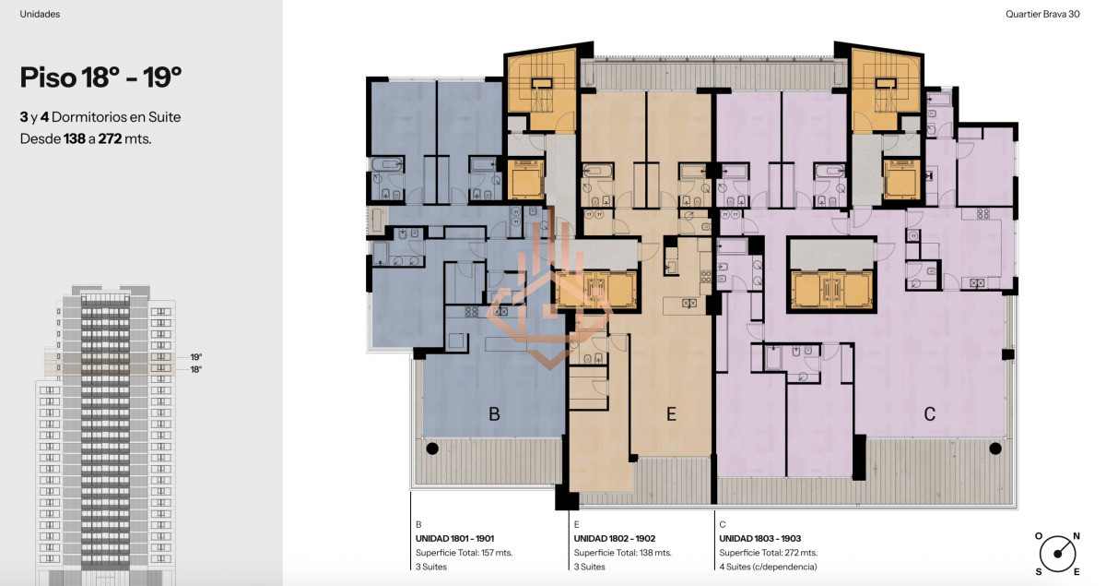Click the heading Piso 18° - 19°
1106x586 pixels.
click(100, 78)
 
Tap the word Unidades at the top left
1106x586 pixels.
click(40, 14)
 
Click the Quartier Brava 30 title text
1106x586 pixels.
click(1042, 14)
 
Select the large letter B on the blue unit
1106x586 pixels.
click(494, 414)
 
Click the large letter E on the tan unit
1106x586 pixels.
click(671, 414)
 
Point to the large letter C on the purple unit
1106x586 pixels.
click(929, 414)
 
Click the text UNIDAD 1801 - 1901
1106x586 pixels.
click(454, 539)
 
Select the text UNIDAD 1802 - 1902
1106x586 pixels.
click(615, 539)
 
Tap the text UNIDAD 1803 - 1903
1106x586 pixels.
click(759, 539)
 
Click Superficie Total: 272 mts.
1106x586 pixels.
click(769, 553)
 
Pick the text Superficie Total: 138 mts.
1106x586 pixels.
click(623, 553)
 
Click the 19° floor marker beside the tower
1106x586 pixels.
click(196, 357)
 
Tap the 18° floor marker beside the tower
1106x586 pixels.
click(196, 369)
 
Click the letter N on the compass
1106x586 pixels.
click(1077, 536)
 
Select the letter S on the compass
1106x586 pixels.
click(1039, 572)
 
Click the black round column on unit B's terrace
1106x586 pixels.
click(432, 448)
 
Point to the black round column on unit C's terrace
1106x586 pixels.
click(995, 448)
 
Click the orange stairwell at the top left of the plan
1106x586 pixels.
click(541, 90)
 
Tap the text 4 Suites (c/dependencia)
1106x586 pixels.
click(768, 567)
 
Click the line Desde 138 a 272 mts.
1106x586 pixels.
click(86, 139)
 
